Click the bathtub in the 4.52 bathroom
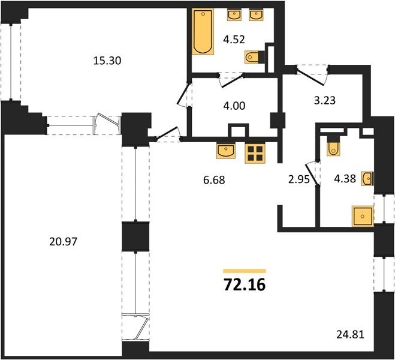pyautogui.click(x=203, y=32)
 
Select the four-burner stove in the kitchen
pyautogui.click(x=255, y=153)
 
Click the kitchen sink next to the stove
pyautogui.click(x=226, y=151)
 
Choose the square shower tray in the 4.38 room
pyautogui.click(x=363, y=216)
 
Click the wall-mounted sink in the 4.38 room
pyautogui.click(x=367, y=178)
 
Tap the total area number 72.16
pyautogui.click(x=245, y=285)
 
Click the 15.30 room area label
pyautogui.click(x=107, y=61)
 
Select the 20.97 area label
pyautogui.click(x=63, y=242)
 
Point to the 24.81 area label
pyautogui.click(x=351, y=335)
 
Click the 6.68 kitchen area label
pyautogui.click(x=214, y=180)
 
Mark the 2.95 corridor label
pyautogui.click(x=298, y=179)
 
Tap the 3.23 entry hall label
pyautogui.click(x=325, y=100)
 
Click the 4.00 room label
pyautogui.click(x=234, y=106)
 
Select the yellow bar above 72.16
pyautogui.click(x=245, y=271)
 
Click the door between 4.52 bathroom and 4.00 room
pyautogui.click(x=232, y=80)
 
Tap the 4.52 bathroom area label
pyautogui.click(x=234, y=40)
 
